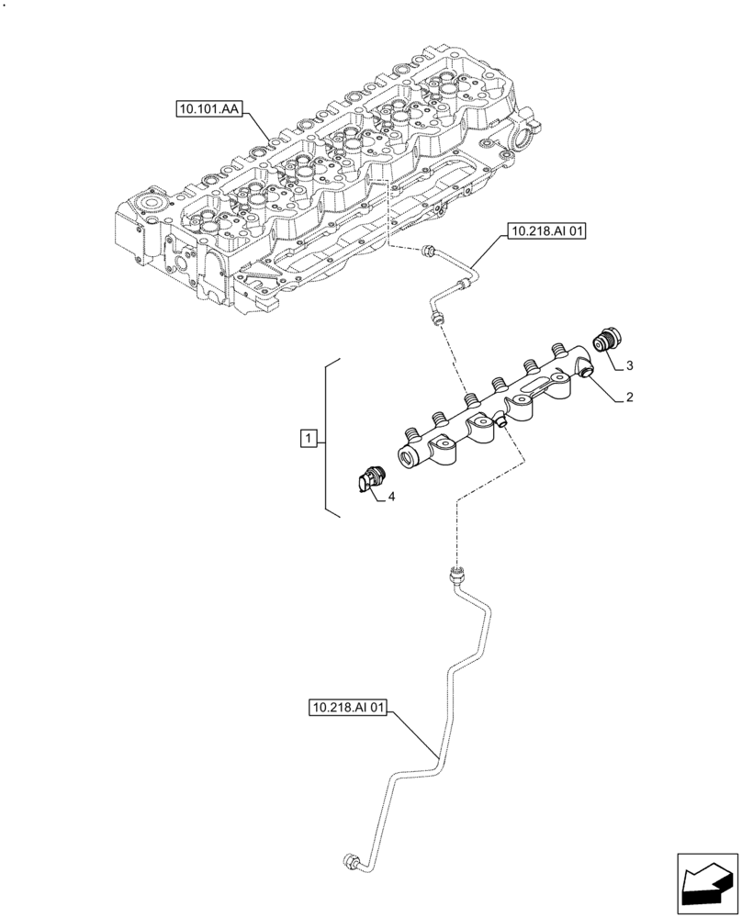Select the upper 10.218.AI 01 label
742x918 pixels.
point(543,231)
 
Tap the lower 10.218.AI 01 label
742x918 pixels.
point(349,708)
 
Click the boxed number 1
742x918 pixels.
point(309,439)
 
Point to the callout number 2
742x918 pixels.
point(631,398)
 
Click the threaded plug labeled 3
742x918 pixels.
point(607,339)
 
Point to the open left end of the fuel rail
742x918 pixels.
point(407,455)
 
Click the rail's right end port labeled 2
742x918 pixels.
point(585,371)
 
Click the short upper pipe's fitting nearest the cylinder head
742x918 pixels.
point(427,249)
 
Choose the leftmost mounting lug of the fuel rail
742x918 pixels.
point(446,453)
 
